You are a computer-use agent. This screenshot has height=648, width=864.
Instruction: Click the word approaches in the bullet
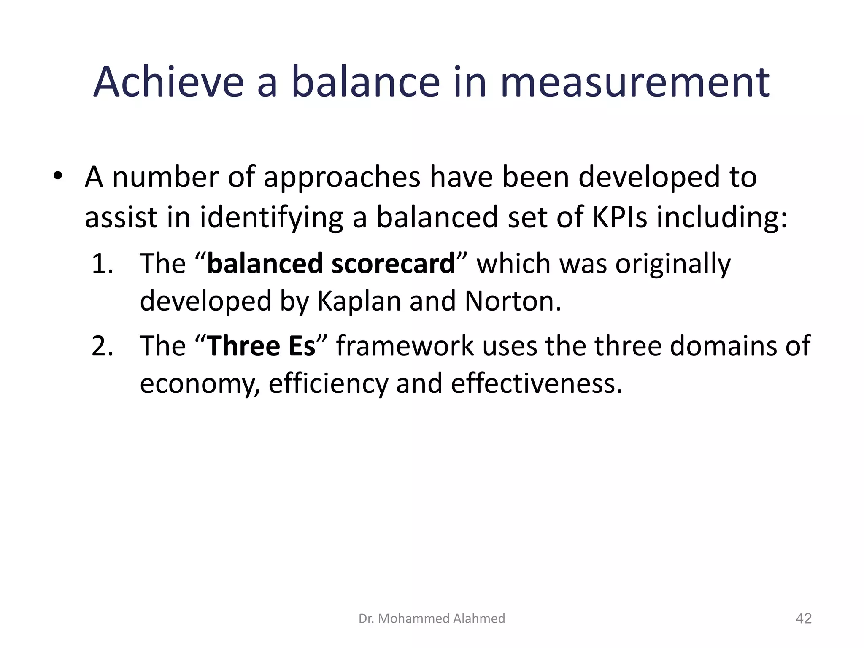[342, 177]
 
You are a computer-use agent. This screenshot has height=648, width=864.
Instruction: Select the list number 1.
[102, 264]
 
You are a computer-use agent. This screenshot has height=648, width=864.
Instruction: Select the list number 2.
[102, 346]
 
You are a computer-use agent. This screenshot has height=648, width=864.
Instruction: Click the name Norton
[513, 301]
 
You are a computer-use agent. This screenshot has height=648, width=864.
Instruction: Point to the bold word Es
[302, 346]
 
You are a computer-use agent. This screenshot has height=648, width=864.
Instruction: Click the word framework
[405, 346]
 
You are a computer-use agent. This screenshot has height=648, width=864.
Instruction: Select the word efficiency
[328, 384]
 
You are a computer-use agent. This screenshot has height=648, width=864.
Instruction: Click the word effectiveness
[536, 384]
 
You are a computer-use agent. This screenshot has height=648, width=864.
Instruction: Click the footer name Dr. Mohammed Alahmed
[432, 618]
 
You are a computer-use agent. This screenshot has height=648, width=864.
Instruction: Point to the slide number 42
[803, 618]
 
